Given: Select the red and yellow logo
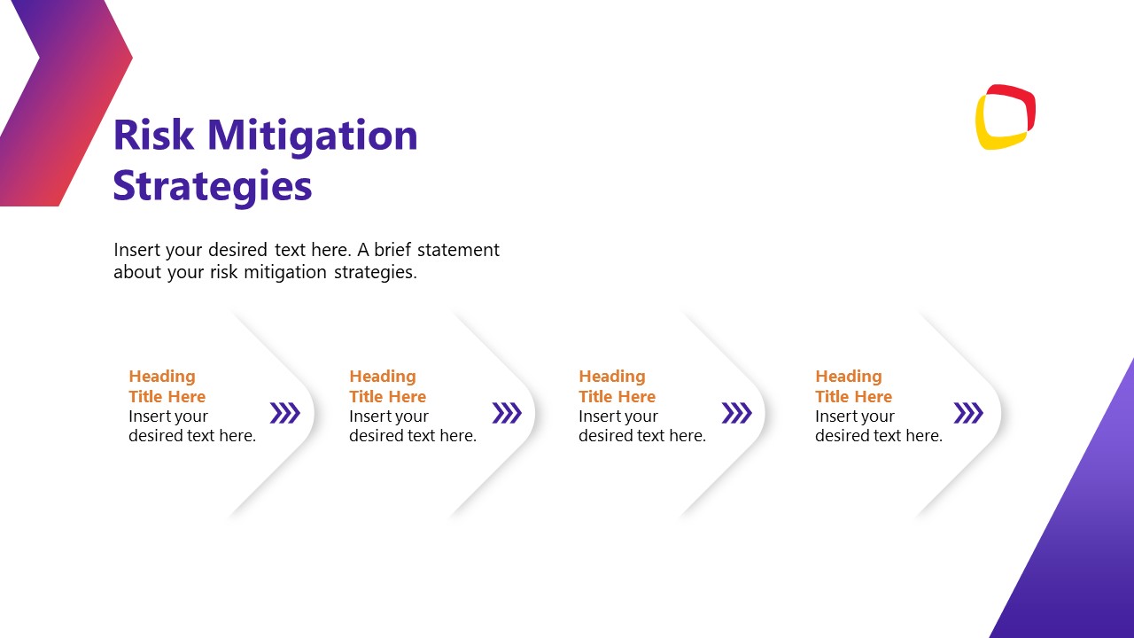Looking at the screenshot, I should pos(1006,117).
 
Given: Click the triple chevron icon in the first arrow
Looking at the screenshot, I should pos(285,413).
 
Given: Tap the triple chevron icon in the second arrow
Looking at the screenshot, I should pos(507,413).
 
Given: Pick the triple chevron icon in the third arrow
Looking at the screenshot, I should pos(736,413).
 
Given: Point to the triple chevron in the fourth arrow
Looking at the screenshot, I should pos(968,413).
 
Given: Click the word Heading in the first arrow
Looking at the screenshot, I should pos(162,377).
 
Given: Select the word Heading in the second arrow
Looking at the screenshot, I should pos(383,377).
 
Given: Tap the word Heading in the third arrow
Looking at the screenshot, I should pos(612,377).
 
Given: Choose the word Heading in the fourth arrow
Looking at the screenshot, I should pos(849,377).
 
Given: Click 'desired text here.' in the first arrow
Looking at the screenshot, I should pos(192,436).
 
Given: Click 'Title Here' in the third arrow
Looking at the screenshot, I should pos(617,397).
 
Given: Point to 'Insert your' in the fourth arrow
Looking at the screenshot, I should pos(855,416).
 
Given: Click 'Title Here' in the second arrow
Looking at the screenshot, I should pos(388,397).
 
